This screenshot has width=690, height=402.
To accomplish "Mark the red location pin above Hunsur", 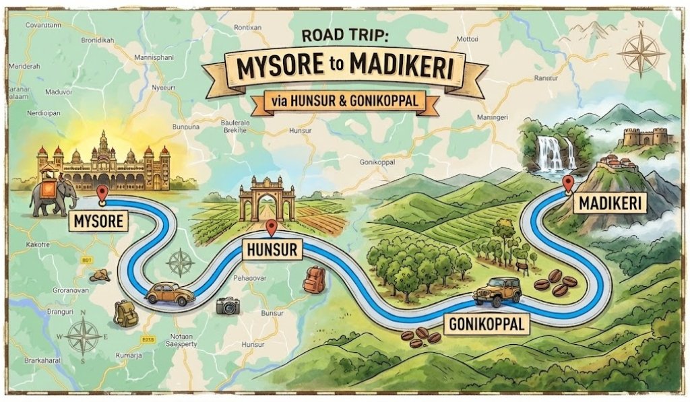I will click(x=271, y=228).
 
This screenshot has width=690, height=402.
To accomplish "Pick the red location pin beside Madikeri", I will click(x=568, y=183).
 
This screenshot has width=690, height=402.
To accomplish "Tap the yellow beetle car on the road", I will click(x=169, y=294).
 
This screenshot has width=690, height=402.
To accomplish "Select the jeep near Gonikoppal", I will click(x=497, y=291).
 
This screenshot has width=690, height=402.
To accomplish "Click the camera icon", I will click(x=228, y=306).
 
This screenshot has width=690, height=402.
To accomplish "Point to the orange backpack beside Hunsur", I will click(x=313, y=279).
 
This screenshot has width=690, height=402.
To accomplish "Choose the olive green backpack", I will click(x=125, y=313).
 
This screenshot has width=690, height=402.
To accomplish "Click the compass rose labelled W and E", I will click(x=83, y=335).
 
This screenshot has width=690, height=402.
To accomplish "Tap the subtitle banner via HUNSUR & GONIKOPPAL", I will click(x=346, y=102).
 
